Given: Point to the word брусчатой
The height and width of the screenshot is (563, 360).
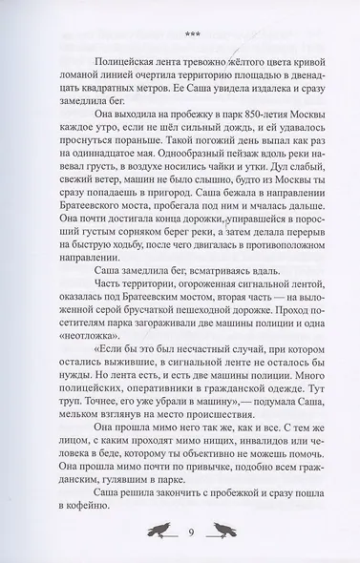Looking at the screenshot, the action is pyautogui.click(x=168, y=354).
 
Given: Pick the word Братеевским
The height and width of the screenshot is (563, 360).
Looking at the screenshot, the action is pyautogui.click(x=207, y=339).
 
